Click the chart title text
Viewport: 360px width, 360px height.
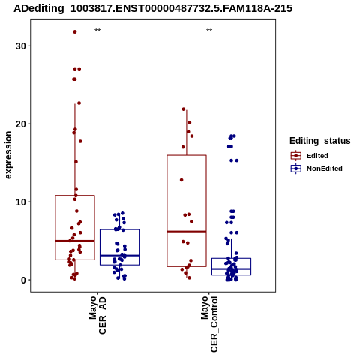[153, 9]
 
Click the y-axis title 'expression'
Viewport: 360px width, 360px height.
[8, 155]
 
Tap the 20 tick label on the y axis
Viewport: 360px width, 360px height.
[21, 124]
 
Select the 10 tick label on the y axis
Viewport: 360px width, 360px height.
[21, 202]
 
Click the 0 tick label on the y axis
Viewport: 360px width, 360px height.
[23, 280]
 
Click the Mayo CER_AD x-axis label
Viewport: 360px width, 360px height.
[97, 315]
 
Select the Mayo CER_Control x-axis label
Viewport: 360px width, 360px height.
[209, 324]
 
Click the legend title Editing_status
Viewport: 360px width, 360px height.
[320, 141]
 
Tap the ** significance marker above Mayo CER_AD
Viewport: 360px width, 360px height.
[97, 31]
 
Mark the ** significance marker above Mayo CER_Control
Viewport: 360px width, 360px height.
[209, 31]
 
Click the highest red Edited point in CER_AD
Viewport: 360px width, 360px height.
[75, 32]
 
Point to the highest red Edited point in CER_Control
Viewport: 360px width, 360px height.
[184, 109]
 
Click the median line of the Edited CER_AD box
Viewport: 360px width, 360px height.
[75, 241]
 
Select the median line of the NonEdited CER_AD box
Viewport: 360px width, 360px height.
[119, 256]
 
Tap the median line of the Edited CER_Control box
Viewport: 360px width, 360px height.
[187, 232]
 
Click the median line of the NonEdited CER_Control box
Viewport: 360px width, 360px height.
[231, 268]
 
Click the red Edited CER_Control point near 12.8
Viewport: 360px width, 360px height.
[181, 180]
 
